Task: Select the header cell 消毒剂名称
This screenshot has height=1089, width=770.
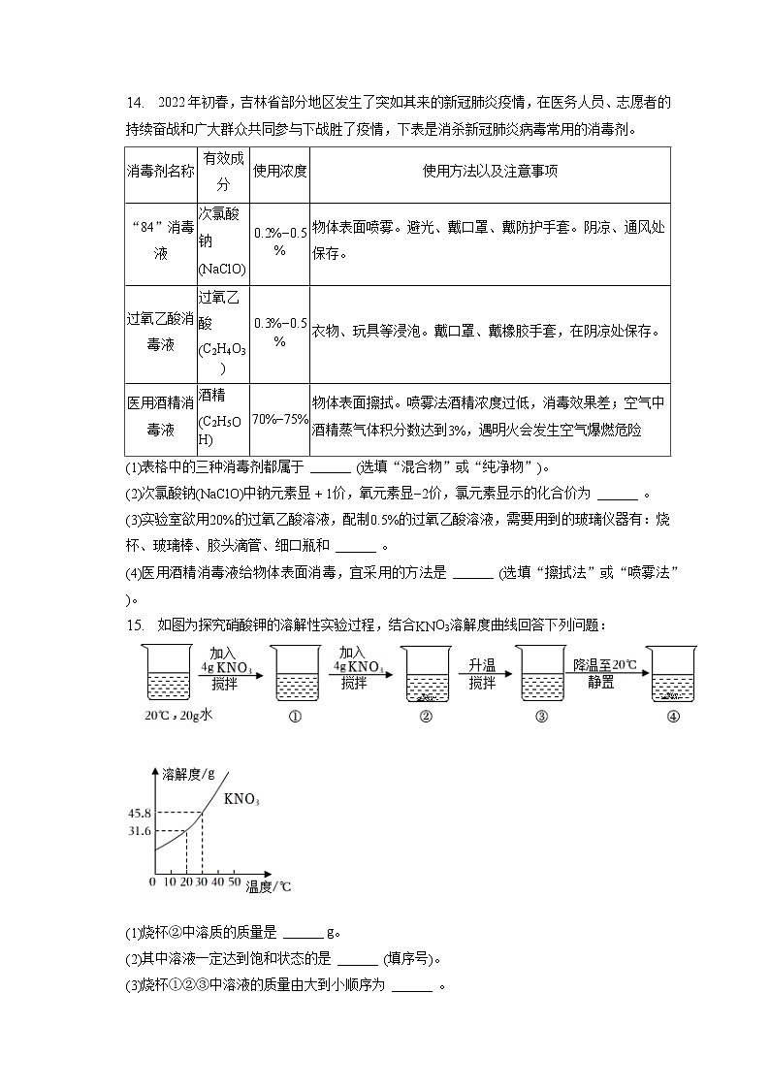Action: click(x=161, y=172)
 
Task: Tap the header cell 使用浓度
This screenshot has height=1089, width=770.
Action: click(x=279, y=172)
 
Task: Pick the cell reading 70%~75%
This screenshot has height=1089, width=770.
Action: click(x=279, y=419)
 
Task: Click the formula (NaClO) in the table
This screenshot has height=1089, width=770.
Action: click(x=222, y=269)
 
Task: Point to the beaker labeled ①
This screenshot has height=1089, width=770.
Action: click(x=297, y=674)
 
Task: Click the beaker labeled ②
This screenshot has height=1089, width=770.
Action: click(x=426, y=674)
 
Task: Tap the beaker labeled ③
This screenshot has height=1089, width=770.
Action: click(x=542, y=674)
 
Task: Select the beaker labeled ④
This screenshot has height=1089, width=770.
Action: click(x=672, y=674)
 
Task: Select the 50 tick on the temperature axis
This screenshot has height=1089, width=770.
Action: click(x=234, y=882)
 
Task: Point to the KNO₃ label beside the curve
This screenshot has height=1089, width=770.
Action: click(x=241, y=800)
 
